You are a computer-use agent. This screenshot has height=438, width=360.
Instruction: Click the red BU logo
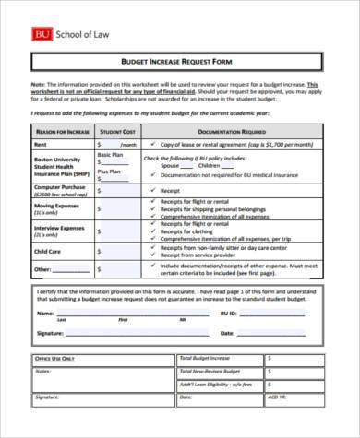click(43, 34)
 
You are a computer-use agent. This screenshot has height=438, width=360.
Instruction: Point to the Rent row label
click(41, 145)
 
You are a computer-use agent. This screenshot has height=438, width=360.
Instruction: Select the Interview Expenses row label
click(58, 229)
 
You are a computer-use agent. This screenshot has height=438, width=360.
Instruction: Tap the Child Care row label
click(47, 250)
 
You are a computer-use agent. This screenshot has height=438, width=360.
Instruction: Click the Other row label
click(42, 269)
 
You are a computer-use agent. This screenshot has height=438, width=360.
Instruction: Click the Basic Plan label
click(110, 156)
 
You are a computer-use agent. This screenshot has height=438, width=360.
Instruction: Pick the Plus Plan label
click(109, 172)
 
